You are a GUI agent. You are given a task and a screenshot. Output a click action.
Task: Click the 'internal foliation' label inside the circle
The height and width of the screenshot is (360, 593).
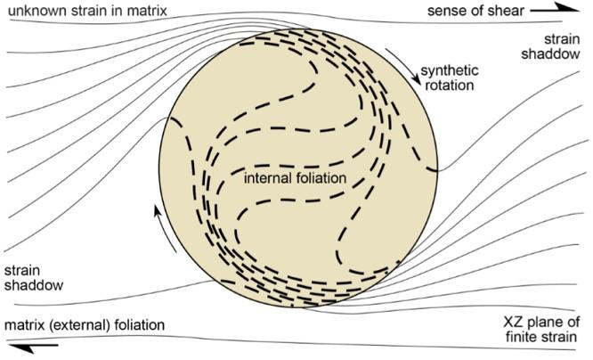[x=294, y=176]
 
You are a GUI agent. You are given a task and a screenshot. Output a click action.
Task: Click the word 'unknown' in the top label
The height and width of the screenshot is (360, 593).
[x=32, y=10]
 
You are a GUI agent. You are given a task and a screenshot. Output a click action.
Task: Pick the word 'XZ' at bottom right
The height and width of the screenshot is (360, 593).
[x=508, y=323]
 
